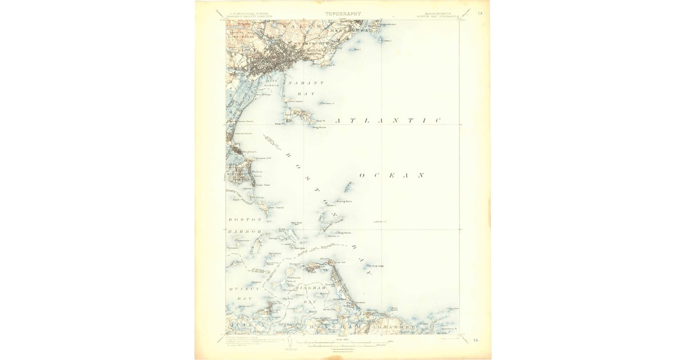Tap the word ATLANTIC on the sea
[388, 121]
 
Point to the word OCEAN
[392, 175]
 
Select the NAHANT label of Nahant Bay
[306, 83]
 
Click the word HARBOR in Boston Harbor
[245, 232]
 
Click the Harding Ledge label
[376, 266]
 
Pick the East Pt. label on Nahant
[320, 121]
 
